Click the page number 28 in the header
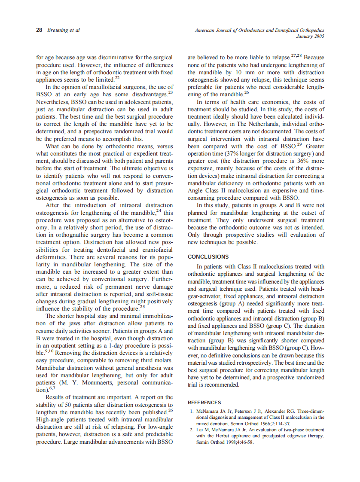point(39,30)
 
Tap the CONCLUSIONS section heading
point(208,257)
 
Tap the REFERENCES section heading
point(204,403)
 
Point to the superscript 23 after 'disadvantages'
point(170,92)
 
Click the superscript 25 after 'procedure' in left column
point(142,307)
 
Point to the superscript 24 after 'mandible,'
point(159,210)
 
